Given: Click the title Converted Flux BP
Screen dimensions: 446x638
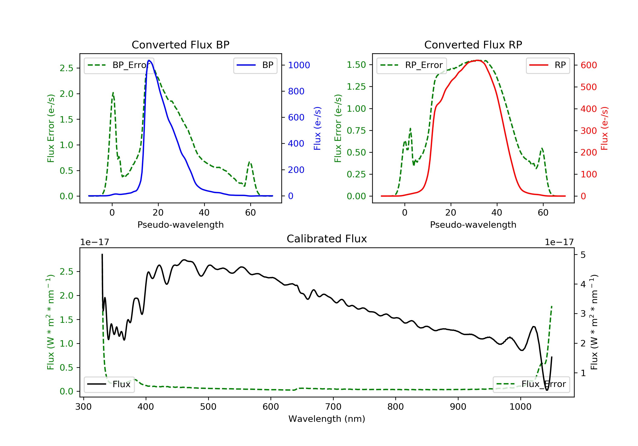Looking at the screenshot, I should point(180,45).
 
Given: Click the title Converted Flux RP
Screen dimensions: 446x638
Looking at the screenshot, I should point(473,45).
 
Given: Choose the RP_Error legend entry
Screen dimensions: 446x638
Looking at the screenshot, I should point(412,65).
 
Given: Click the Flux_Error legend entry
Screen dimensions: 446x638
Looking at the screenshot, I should point(531,384).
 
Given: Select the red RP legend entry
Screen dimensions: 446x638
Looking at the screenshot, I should point(548,65).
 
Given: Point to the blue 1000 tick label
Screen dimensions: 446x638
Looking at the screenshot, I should point(299,65).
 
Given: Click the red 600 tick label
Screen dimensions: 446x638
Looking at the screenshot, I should point(588,65).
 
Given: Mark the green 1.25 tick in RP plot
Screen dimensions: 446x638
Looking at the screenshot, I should point(356,87).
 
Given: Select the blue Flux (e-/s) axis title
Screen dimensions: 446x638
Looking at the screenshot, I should point(317,128).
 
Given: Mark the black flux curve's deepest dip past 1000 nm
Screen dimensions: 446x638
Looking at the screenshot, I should point(547,390).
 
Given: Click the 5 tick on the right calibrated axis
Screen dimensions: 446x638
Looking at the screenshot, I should point(583,255).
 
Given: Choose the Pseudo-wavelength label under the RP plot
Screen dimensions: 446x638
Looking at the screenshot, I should point(473,224).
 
